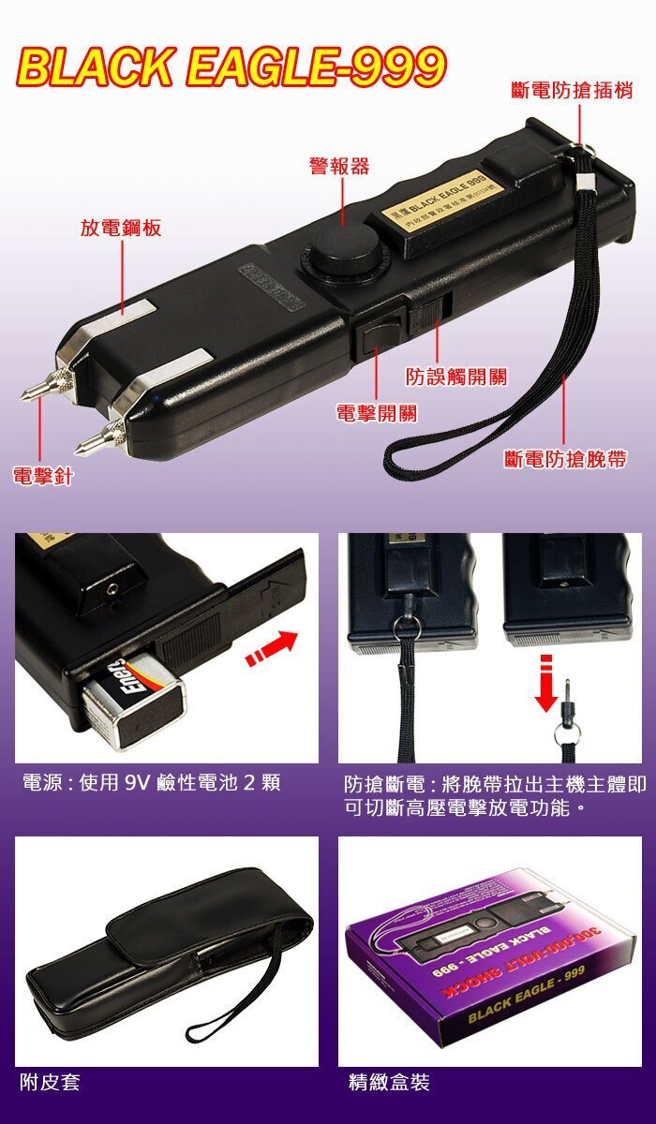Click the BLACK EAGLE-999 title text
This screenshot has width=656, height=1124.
[x=231, y=67]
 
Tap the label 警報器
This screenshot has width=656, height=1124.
[x=339, y=167]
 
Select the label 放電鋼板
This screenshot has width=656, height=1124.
[x=120, y=228]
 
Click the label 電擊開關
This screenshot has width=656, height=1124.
[x=377, y=413]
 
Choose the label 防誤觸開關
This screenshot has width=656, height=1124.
[x=456, y=377]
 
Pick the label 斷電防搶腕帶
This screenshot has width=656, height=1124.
[x=565, y=459]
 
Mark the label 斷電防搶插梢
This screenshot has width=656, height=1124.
[x=572, y=91]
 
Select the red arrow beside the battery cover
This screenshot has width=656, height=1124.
[x=271, y=649]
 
